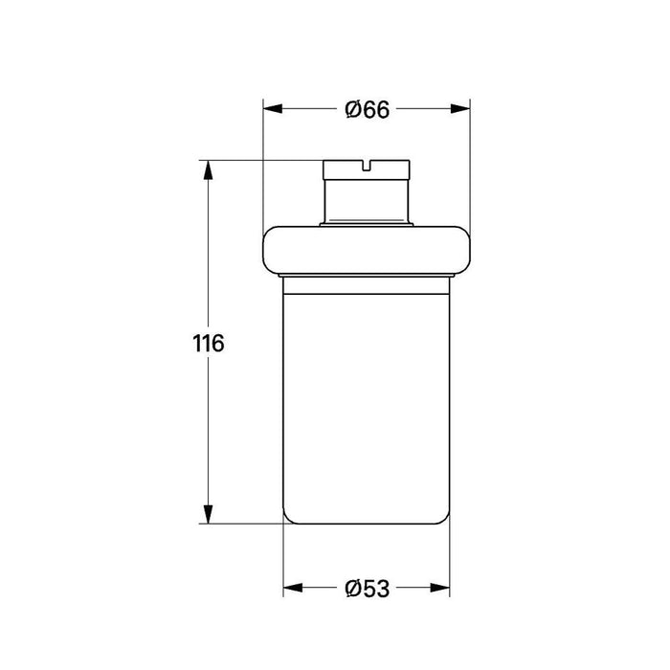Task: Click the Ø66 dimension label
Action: tap(367, 110)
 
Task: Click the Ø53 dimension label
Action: tap(367, 587)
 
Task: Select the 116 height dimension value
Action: tap(207, 343)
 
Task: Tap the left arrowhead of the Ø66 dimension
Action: tap(270, 110)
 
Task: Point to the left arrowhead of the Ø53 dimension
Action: tap(292, 587)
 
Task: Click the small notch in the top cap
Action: tap(367, 164)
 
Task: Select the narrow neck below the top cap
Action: tap(367, 201)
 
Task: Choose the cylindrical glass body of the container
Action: tap(367, 402)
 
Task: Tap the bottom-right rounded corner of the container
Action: tap(445, 518)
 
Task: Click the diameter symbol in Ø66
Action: tap(351, 110)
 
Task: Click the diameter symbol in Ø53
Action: tap(351, 587)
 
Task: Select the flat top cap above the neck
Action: tap(367, 170)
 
